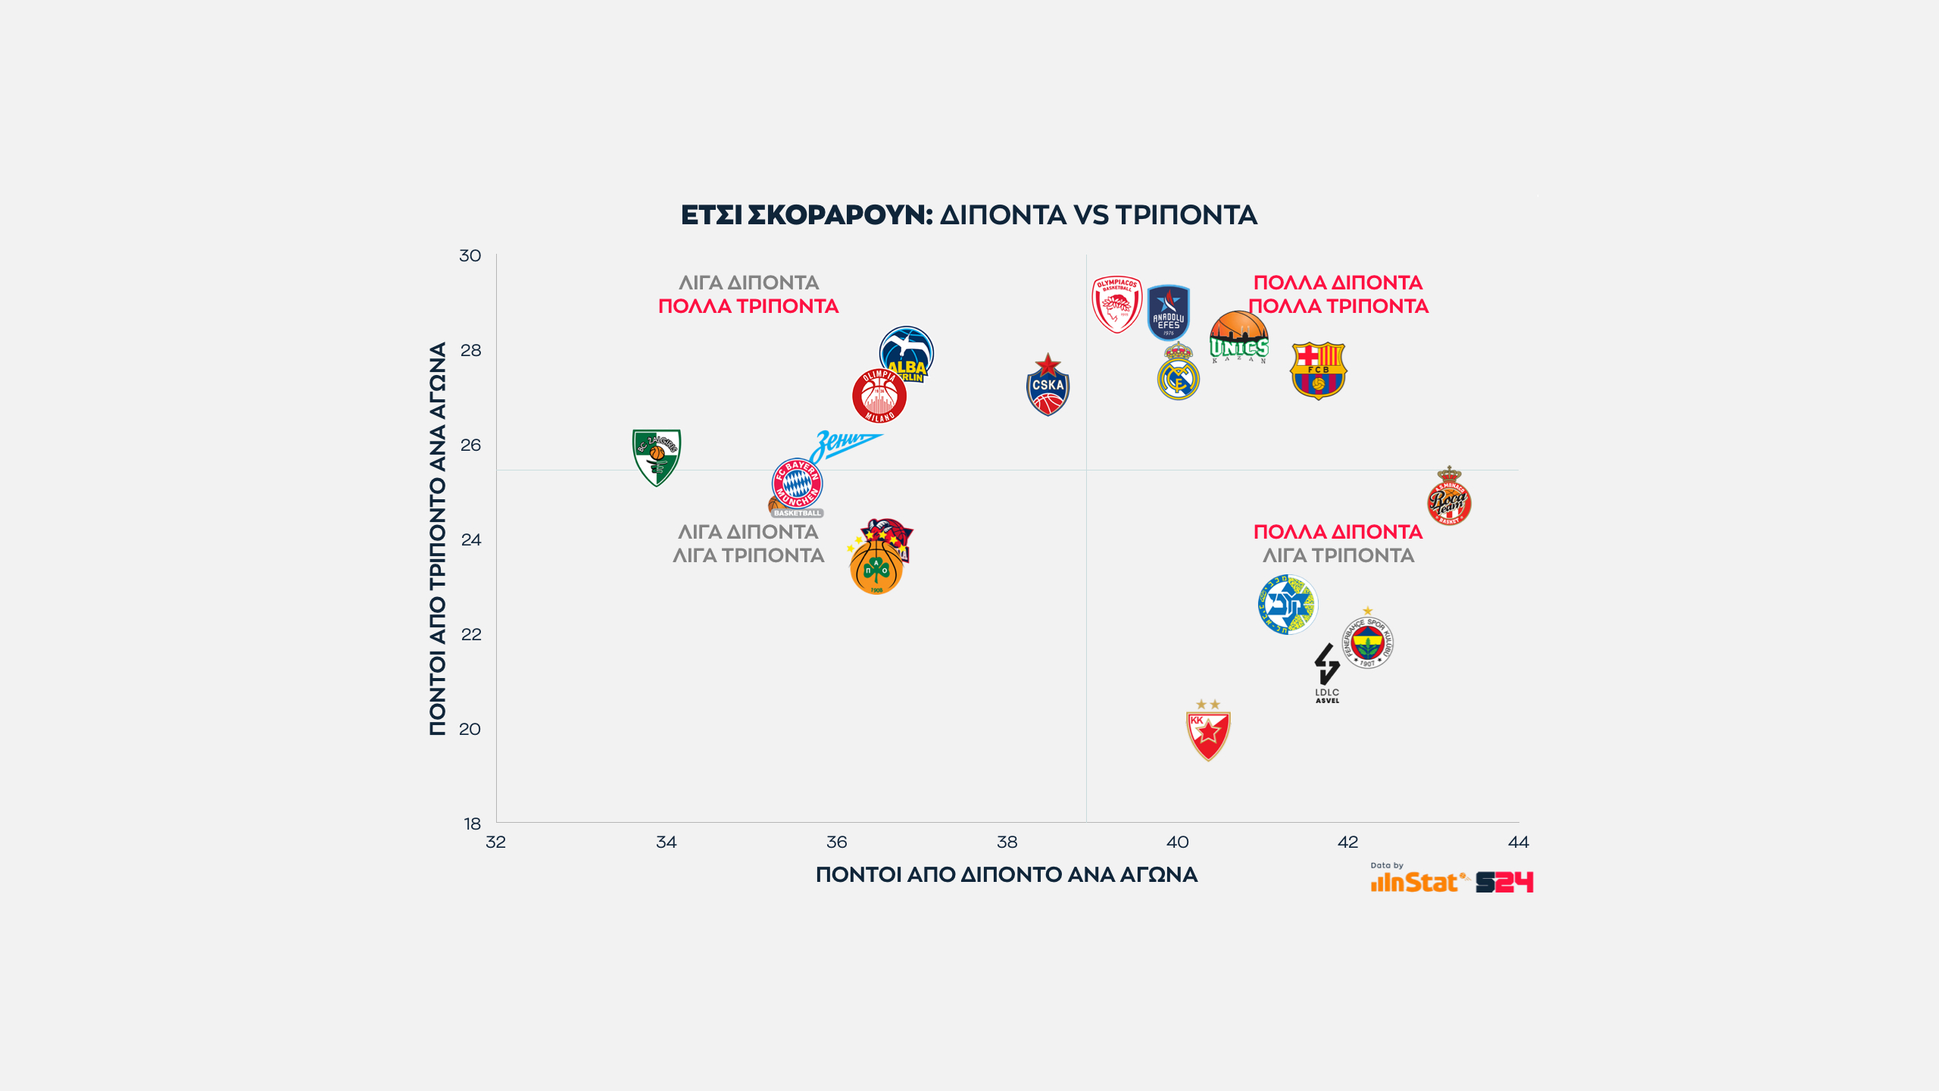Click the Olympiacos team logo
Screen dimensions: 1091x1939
click(x=1116, y=305)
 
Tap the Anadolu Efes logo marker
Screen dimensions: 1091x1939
click(x=1168, y=312)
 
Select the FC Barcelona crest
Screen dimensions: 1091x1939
click(x=1318, y=370)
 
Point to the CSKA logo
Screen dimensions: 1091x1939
click(x=1048, y=386)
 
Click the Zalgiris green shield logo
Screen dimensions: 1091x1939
click(x=657, y=457)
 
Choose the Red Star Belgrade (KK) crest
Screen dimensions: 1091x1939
click(x=1208, y=733)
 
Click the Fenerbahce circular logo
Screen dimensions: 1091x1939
click(x=1368, y=641)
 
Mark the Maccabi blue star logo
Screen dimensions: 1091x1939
click(x=1288, y=605)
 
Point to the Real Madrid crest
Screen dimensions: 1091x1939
click(x=1179, y=373)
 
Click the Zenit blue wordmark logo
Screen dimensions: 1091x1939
click(x=844, y=444)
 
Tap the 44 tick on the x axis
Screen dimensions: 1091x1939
click(x=1519, y=842)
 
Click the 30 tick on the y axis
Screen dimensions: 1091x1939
click(x=470, y=256)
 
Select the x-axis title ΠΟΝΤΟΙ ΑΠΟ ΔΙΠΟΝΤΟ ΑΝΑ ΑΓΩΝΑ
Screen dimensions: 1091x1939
click(x=1007, y=875)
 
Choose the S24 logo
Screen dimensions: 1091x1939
click(x=1504, y=882)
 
